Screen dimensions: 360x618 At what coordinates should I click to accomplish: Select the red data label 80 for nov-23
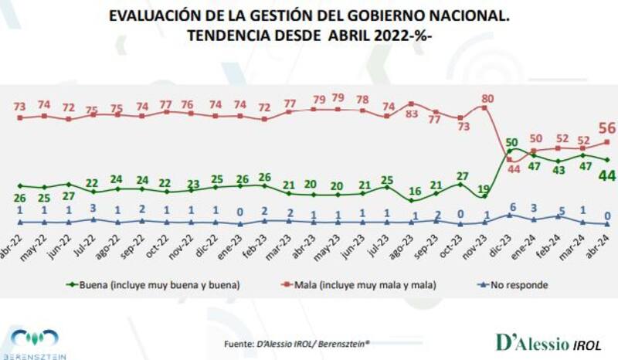pyautogui.click(x=485, y=98)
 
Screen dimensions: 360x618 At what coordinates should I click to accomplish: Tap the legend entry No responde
pyautogui.click(x=513, y=284)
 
